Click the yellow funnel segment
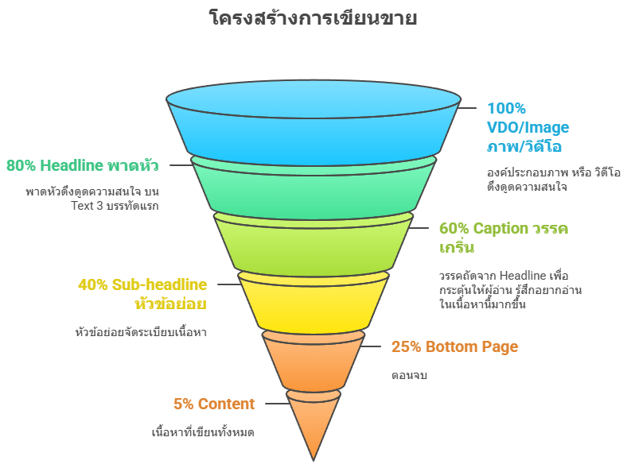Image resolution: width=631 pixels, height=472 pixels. pos(314,302)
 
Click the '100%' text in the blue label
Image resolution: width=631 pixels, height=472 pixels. pos(506,108)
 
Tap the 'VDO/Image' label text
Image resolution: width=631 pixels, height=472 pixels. pos(528,127)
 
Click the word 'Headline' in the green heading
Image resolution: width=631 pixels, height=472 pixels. pos(72,166)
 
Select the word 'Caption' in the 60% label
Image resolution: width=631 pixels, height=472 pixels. pos(501,229)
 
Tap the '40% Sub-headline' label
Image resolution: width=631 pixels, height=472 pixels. pos(142,284)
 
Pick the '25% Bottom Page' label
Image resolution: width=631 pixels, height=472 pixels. pos(454,346)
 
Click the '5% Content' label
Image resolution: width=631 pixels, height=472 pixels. pos(214,404)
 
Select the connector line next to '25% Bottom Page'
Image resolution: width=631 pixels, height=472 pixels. pos(372,346)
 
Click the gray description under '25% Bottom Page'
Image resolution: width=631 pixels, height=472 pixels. pos(409,375)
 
